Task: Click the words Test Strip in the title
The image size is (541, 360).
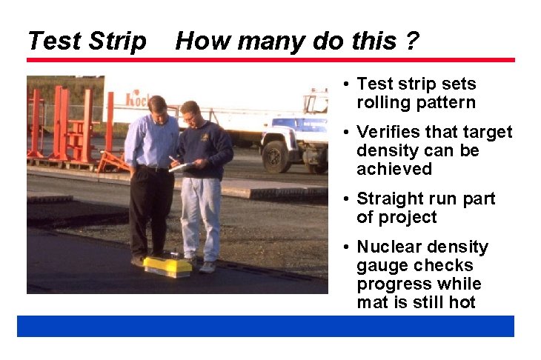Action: [x=87, y=41]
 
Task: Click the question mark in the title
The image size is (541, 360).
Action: [x=411, y=41]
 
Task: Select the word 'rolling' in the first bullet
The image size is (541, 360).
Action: [x=382, y=102]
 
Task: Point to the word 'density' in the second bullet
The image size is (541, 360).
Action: [x=385, y=150]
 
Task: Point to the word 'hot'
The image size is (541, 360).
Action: [x=459, y=302]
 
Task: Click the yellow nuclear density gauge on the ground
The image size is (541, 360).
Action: [x=167, y=266]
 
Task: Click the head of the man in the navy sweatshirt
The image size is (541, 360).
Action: [x=190, y=111]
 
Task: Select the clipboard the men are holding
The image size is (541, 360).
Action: [x=181, y=167]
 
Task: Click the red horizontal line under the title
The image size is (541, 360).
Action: [x=270, y=60]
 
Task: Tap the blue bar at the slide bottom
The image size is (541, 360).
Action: [x=265, y=326]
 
